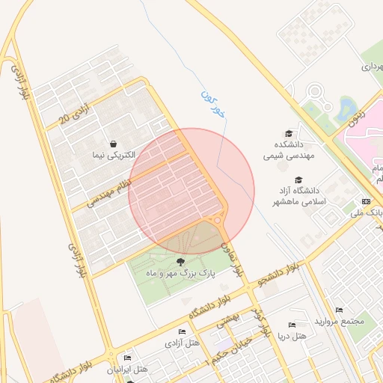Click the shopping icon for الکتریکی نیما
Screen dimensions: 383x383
112,144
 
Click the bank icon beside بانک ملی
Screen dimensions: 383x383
365,202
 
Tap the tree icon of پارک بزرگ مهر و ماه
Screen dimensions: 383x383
180,261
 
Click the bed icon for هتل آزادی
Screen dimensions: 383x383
182,331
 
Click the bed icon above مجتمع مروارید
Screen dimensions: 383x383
339,310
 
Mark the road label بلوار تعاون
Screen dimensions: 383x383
232,258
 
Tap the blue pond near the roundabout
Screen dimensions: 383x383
346,110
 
